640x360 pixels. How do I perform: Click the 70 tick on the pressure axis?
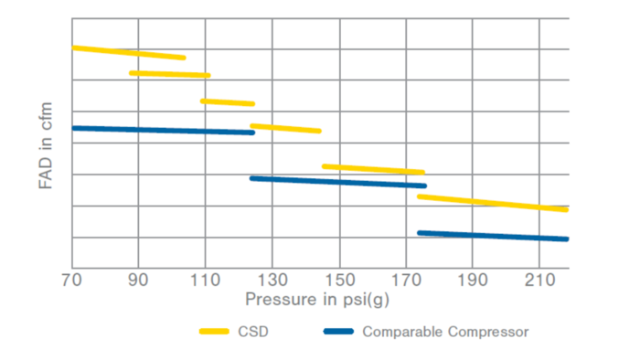(71, 279)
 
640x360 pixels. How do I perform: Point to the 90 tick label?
(138, 279)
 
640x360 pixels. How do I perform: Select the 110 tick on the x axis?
(205, 279)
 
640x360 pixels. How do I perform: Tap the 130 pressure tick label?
(272, 279)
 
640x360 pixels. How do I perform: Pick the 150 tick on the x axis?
(339, 279)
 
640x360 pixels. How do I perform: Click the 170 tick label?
(406, 279)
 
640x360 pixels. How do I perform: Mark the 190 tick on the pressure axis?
(473, 279)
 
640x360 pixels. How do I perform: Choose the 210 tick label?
(539, 279)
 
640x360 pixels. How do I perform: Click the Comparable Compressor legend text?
(445, 331)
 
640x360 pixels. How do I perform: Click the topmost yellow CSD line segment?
(128, 52)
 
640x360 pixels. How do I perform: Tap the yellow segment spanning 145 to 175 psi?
(373, 169)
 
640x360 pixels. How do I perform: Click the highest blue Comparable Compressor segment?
(163, 130)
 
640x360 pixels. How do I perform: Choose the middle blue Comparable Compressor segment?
(338, 182)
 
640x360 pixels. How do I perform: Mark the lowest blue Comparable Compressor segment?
(492, 236)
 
